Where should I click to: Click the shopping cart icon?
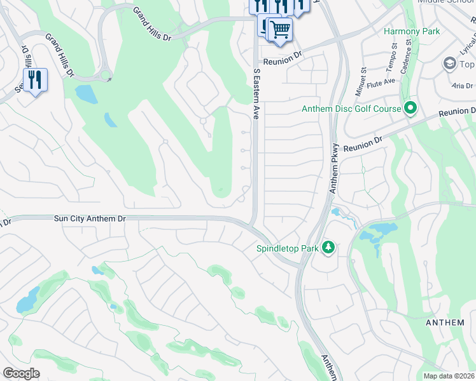click(280, 29)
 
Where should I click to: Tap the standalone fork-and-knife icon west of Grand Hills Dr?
click(35, 80)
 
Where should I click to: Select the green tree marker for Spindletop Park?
click(328, 246)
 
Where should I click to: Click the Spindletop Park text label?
click(287, 248)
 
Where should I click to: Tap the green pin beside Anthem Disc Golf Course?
click(410, 109)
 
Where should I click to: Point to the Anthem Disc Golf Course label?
click(351, 109)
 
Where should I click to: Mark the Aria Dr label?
click(462, 85)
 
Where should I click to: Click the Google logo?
click(22, 373)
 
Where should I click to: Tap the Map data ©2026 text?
click(449, 376)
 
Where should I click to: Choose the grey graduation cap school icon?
click(449, 64)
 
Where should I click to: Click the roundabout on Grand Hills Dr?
click(104, 76)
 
